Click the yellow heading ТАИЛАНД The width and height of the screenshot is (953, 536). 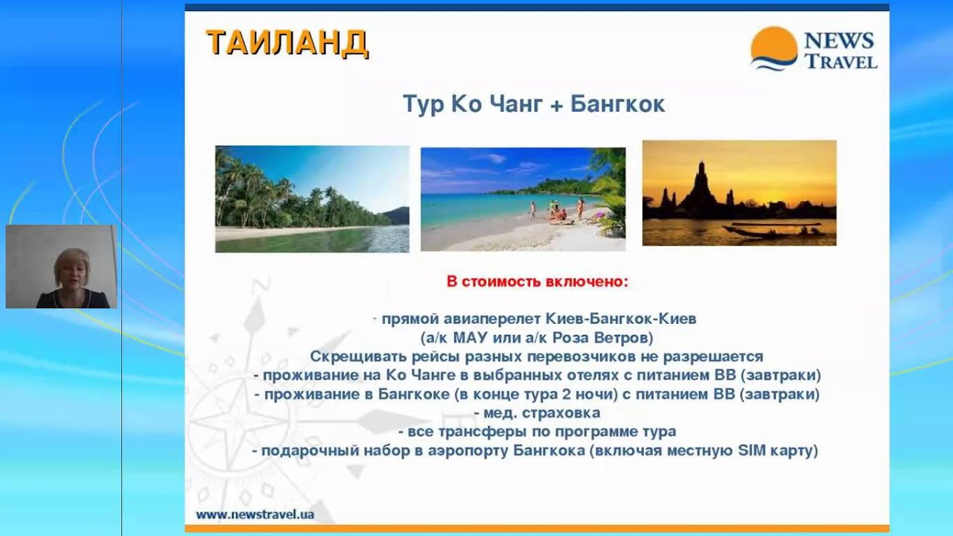(x=287, y=43)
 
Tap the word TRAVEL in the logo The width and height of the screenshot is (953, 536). (x=841, y=61)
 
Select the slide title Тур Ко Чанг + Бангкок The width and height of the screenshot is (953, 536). (x=534, y=104)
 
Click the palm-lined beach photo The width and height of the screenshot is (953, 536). (x=312, y=199)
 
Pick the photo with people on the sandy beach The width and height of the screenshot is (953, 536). (x=523, y=199)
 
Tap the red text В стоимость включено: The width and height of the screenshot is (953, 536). (x=537, y=282)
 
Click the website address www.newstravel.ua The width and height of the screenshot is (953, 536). (x=255, y=514)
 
